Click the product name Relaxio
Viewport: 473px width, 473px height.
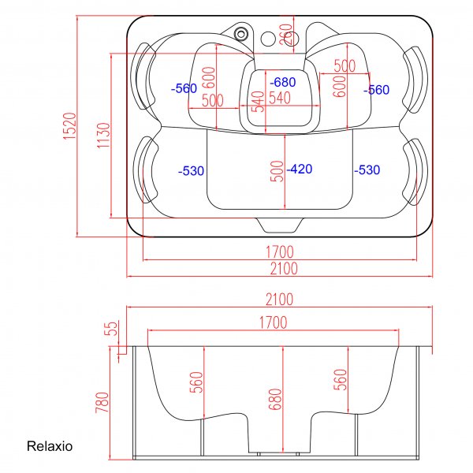(x=50, y=446)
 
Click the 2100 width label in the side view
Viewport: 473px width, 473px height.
(x=279, y=300)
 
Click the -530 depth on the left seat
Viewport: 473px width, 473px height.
(x=192, y=170)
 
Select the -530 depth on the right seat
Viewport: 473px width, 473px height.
(x=367, y=170)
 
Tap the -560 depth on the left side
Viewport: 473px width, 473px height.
(x=184, y=89)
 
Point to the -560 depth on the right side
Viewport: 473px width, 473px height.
(x=376, y=90)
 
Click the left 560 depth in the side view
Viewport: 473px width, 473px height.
(x=196, y=382)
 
